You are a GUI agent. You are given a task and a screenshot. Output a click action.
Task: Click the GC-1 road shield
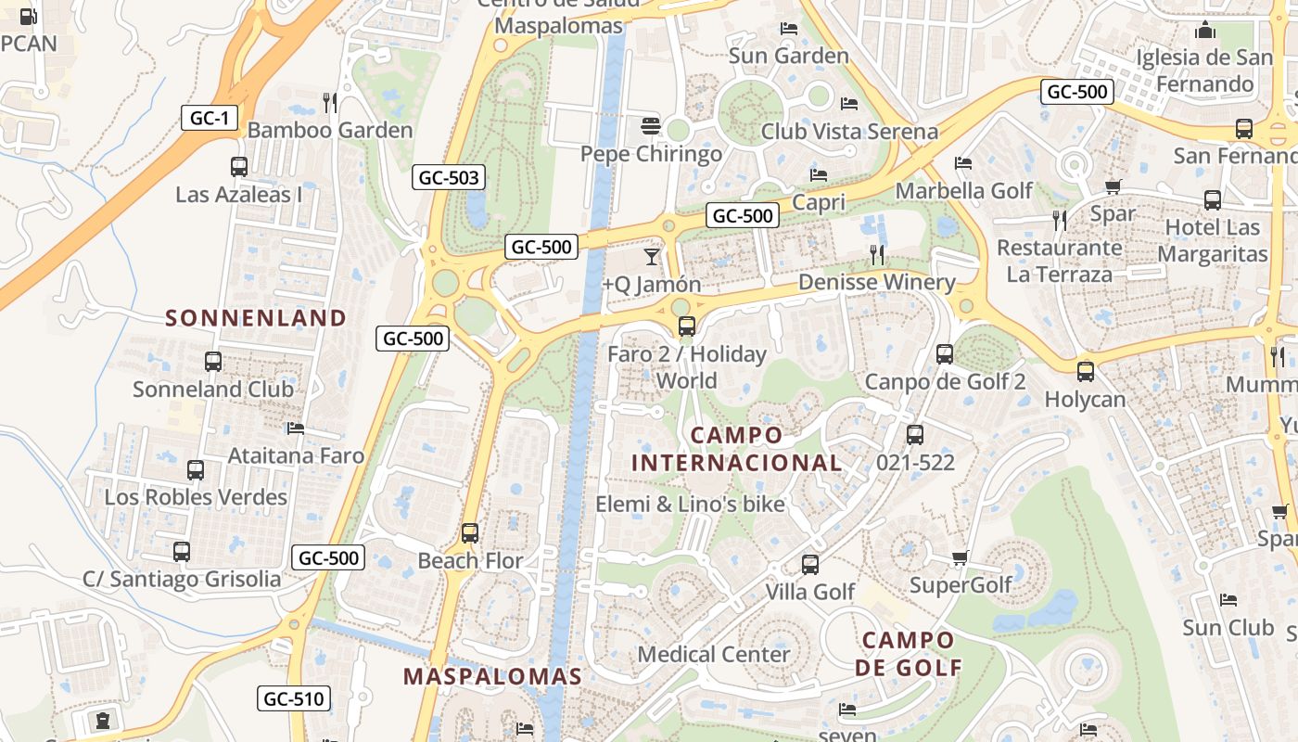(210, 118)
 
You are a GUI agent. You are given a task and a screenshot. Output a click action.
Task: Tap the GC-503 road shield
(449, 177)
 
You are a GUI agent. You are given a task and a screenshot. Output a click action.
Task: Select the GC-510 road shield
(294, 698)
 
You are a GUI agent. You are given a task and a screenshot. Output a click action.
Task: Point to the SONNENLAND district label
(256, 318)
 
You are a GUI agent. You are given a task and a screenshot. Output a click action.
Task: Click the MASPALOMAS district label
(492, 676)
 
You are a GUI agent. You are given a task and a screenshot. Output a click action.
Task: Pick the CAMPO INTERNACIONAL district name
(737, 449)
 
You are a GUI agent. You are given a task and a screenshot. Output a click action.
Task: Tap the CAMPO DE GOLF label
(908, 653)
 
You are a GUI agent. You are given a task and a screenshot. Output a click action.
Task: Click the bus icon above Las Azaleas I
(239, 167)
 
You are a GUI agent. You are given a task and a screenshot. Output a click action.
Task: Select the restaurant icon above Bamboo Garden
(330, 101)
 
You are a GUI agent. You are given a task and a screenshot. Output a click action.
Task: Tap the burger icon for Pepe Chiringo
(651, 126)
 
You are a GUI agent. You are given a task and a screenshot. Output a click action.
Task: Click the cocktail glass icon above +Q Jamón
(652, 256)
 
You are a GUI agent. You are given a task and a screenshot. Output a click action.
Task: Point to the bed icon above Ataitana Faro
(296, 429)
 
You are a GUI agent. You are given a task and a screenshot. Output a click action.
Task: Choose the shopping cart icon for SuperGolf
(960, 558)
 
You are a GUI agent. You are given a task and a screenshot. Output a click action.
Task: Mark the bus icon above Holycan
(1085, 372)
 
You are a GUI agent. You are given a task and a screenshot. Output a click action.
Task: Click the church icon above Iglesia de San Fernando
(1205, 30)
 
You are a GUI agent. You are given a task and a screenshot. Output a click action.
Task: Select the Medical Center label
(714, 654)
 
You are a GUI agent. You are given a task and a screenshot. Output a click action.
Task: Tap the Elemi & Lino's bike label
(690, 505)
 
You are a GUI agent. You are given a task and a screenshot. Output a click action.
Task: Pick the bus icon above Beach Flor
(470, 533)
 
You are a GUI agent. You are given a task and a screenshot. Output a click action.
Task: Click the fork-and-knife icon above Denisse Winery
(877, 254)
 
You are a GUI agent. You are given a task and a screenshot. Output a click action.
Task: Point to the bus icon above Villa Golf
(809, 564)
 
